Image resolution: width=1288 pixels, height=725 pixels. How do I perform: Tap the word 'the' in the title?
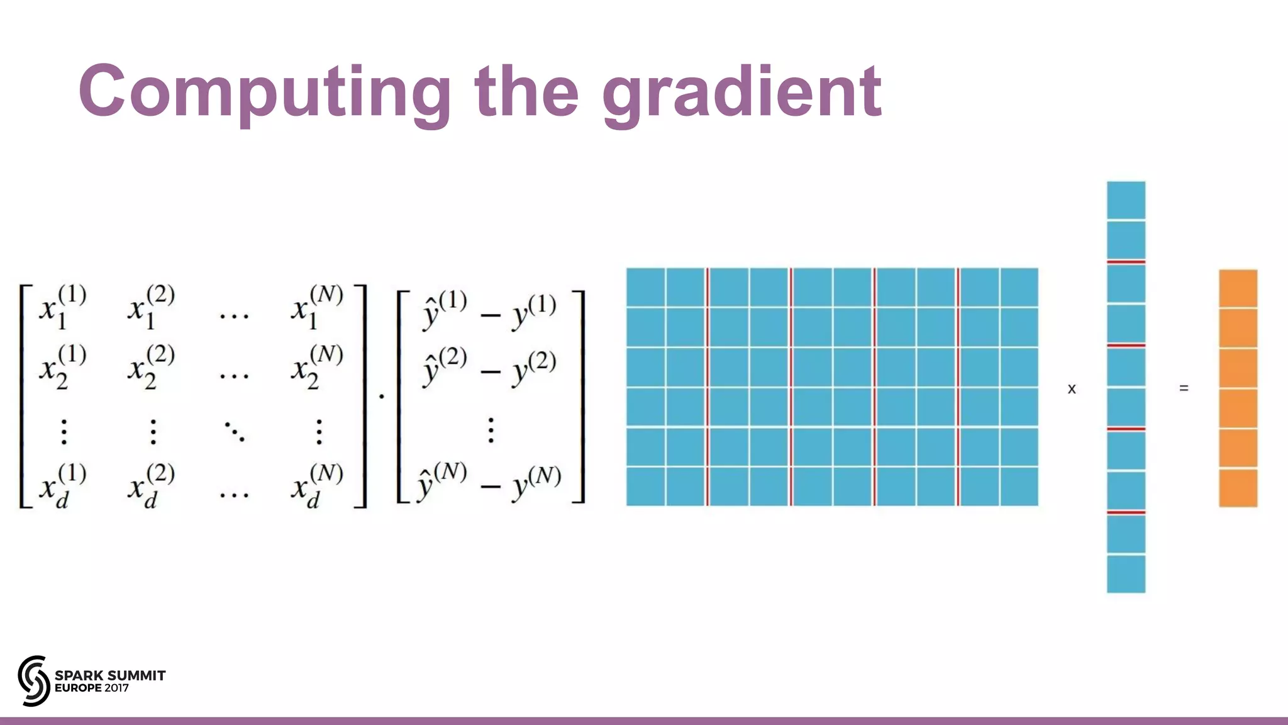point(526,91)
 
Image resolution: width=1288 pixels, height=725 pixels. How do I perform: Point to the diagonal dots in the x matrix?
point(235,432)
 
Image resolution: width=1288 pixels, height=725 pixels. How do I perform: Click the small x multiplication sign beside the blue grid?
point(1072,389)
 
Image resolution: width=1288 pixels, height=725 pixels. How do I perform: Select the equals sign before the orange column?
point(1184,388)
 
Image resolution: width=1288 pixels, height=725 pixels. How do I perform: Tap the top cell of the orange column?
point(1238,288)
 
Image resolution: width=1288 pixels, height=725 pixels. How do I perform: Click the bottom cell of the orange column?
point(1238,488)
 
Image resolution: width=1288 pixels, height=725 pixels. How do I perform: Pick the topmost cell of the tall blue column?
point(1126,200)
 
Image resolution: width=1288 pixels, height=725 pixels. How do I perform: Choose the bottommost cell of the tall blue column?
point(1126,573)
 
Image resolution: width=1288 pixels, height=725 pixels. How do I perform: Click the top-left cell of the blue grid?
point(645,287)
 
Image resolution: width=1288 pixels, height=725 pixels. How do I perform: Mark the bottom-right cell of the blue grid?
point(1019,486)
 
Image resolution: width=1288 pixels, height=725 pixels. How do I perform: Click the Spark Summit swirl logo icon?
point(33,680)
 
